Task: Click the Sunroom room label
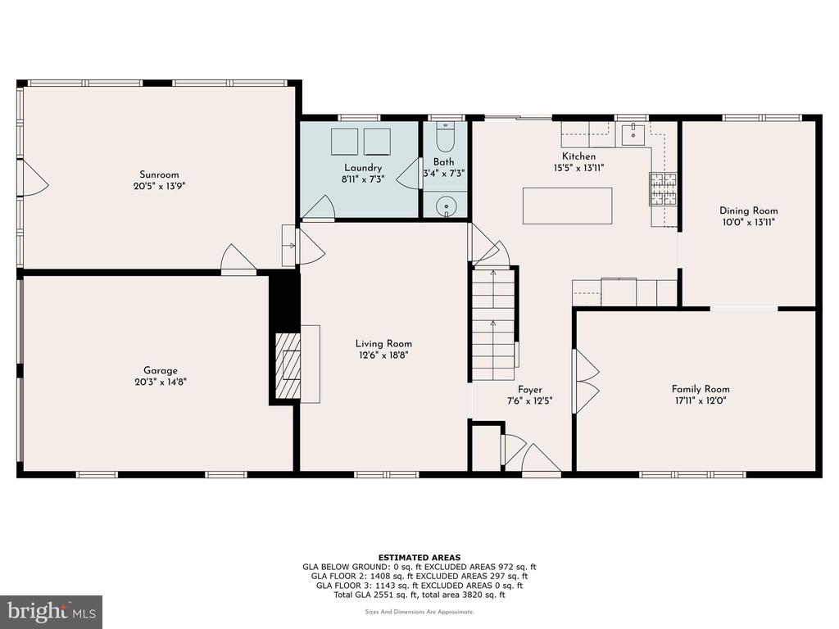pos(159,174)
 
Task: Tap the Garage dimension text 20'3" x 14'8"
pos(161,382)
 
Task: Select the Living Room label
pos(383,343)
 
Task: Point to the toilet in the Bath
pos(445,137)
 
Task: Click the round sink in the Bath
pos(445,206)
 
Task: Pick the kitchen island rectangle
pos(567,206)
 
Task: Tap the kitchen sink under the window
pos(633,134)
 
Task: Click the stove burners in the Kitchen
pos(664,189)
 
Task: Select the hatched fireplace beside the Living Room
pos(288,366)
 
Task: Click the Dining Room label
pos(749,210)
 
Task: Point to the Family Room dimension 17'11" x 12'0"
pos(701,400)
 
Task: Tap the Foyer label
pos(530,389)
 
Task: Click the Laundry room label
pos(363,168)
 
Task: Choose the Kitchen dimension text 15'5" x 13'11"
pos(579,168)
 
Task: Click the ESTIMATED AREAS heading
pos(419,557)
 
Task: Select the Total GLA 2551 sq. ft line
pos(419,595)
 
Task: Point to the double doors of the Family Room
pos(585,382)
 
